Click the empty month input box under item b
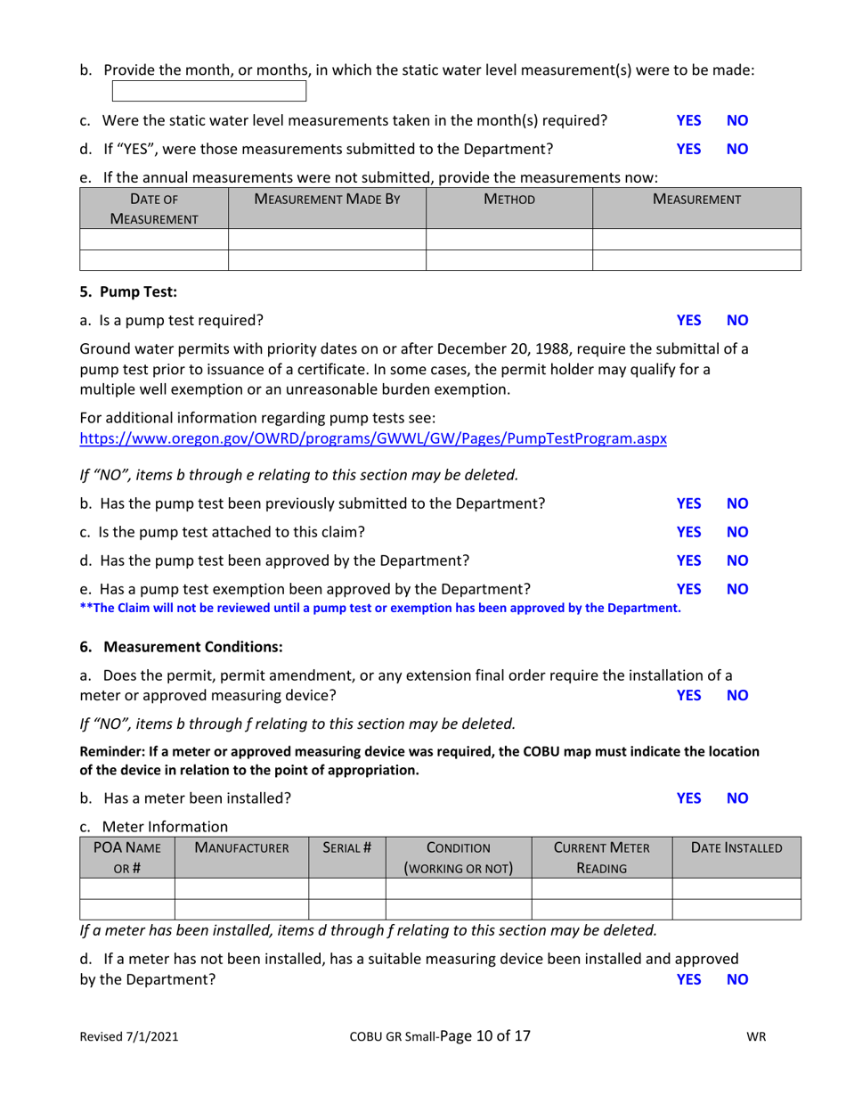(x=209, y=91)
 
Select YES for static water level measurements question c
(x=688, y=120)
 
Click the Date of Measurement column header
(x=154, y=209)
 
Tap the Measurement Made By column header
(x=327, y=200)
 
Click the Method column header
(x=508, y=200)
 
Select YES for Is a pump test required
(x=688, y=320)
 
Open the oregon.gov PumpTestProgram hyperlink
(x=373, y=439)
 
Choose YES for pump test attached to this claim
(x=688, y=533)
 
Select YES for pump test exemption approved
(x=688, y=589)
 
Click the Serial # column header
(x=346, y=849)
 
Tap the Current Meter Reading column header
(x=601, y=858)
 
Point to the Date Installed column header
(x=736, y=849)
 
